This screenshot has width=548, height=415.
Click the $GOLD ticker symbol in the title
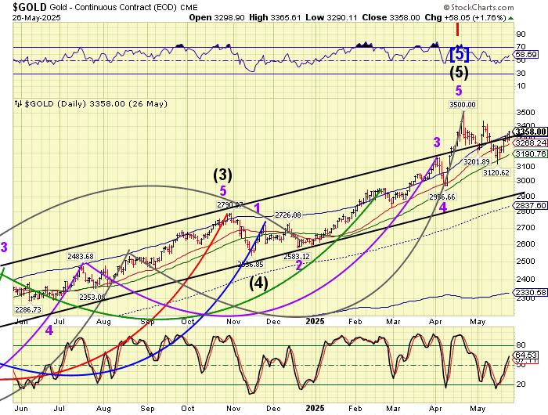click(23, 6)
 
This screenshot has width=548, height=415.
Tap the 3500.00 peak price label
click(463, 104)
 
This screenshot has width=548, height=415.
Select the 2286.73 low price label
click(28, 310)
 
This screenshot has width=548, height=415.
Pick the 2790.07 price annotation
click(231, 205)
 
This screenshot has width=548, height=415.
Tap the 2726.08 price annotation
click(287, 215)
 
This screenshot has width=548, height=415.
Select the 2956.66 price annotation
click(443, 197)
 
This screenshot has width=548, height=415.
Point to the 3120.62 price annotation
click(496, 172)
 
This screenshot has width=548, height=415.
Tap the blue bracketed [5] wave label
click(460, 54)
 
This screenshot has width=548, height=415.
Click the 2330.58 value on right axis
click(528, 293)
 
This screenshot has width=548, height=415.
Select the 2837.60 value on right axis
click(528, 205)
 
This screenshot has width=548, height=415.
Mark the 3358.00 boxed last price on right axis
click(529, 132)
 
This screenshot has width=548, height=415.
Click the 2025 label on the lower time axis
click(316, 407)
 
